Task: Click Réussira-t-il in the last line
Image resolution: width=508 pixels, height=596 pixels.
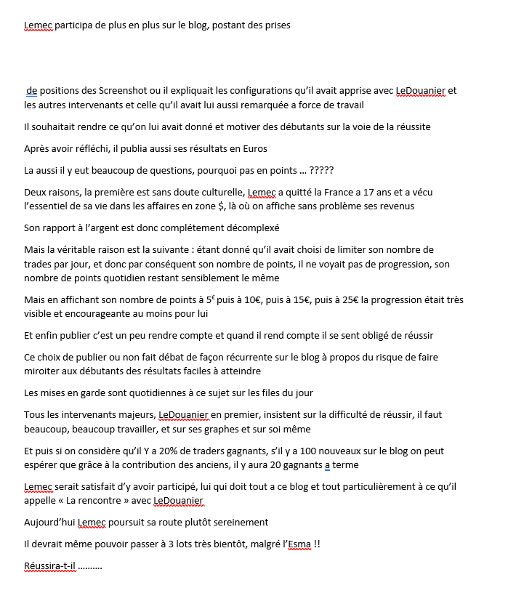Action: click(x=49, y=565)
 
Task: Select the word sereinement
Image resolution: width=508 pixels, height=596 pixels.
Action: click(x=238, y=522)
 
